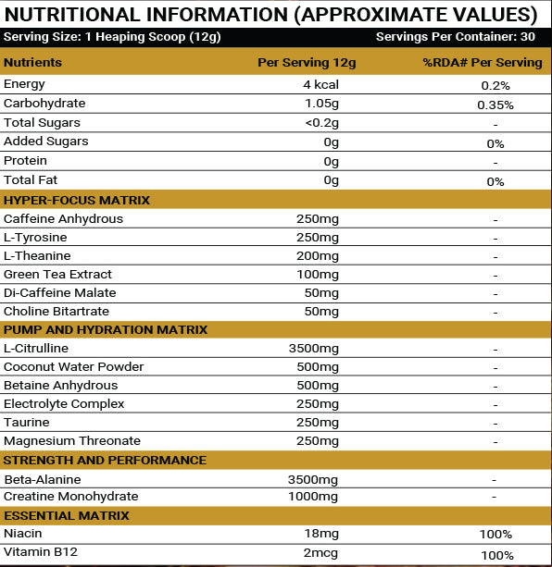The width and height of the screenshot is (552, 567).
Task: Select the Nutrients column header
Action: click(x=33, y=63)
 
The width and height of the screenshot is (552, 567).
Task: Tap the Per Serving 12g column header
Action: click(x=306, y=63)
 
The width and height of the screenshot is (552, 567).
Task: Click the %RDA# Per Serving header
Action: click(x=483, y=63)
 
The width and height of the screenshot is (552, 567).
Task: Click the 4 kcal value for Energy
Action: click(x=315, y=85)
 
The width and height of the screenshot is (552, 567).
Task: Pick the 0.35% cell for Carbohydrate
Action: click(x=496, y=105)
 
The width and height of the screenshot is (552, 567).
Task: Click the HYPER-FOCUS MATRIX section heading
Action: click(x=77, y=201)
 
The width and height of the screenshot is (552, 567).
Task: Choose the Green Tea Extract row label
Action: click(x=58, y=275)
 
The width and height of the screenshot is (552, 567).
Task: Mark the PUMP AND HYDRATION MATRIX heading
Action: click(x=106, y=330)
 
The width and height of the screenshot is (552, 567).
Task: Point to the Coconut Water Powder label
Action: click(x=74, y=367)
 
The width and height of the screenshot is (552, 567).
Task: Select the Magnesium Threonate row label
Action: click(x=72, y=441)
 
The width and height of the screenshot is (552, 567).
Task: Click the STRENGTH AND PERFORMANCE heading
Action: click(x=105, y=461)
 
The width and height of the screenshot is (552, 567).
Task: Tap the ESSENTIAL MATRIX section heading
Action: click(x=67, y=516)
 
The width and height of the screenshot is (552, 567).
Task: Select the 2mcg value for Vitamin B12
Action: click(x=322, y=554)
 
